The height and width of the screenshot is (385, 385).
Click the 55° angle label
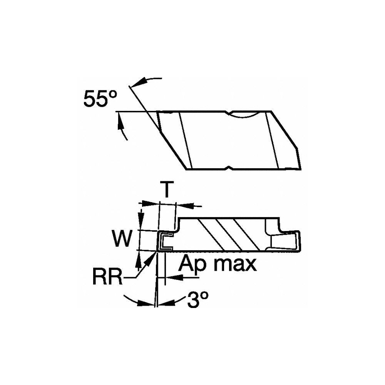pyautogui.click(x=100, y=100)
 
